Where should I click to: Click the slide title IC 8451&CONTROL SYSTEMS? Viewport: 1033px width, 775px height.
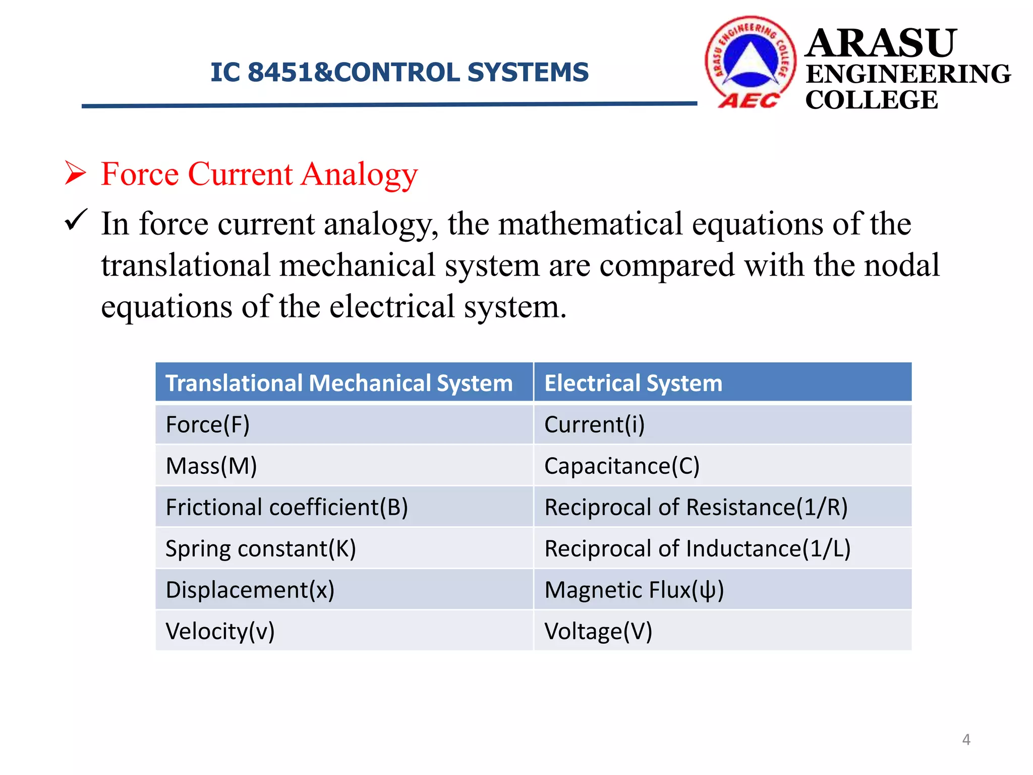399,72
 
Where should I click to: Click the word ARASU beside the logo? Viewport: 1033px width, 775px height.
881,43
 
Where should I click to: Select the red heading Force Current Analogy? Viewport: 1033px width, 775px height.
259,174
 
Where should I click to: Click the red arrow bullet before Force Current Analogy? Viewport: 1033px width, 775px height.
76,173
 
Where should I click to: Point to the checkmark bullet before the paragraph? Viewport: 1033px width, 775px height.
76,220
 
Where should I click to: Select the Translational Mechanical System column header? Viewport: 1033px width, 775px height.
339,383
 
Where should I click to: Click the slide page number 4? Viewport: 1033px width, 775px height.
966,740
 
